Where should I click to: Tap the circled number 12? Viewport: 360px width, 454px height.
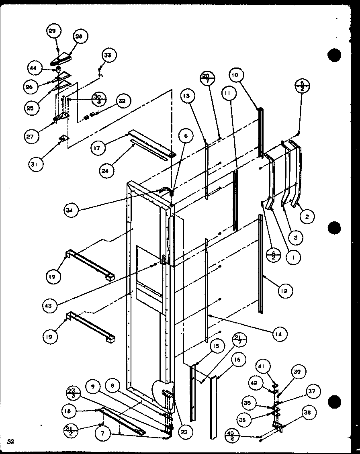coord(284,291)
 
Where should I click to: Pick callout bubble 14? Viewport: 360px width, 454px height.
coord(278,333)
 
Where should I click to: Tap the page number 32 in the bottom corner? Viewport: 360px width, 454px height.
coord(10,442)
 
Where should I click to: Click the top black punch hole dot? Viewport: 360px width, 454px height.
coord(334,55)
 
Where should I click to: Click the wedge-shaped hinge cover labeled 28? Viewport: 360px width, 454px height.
coord(66,59)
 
